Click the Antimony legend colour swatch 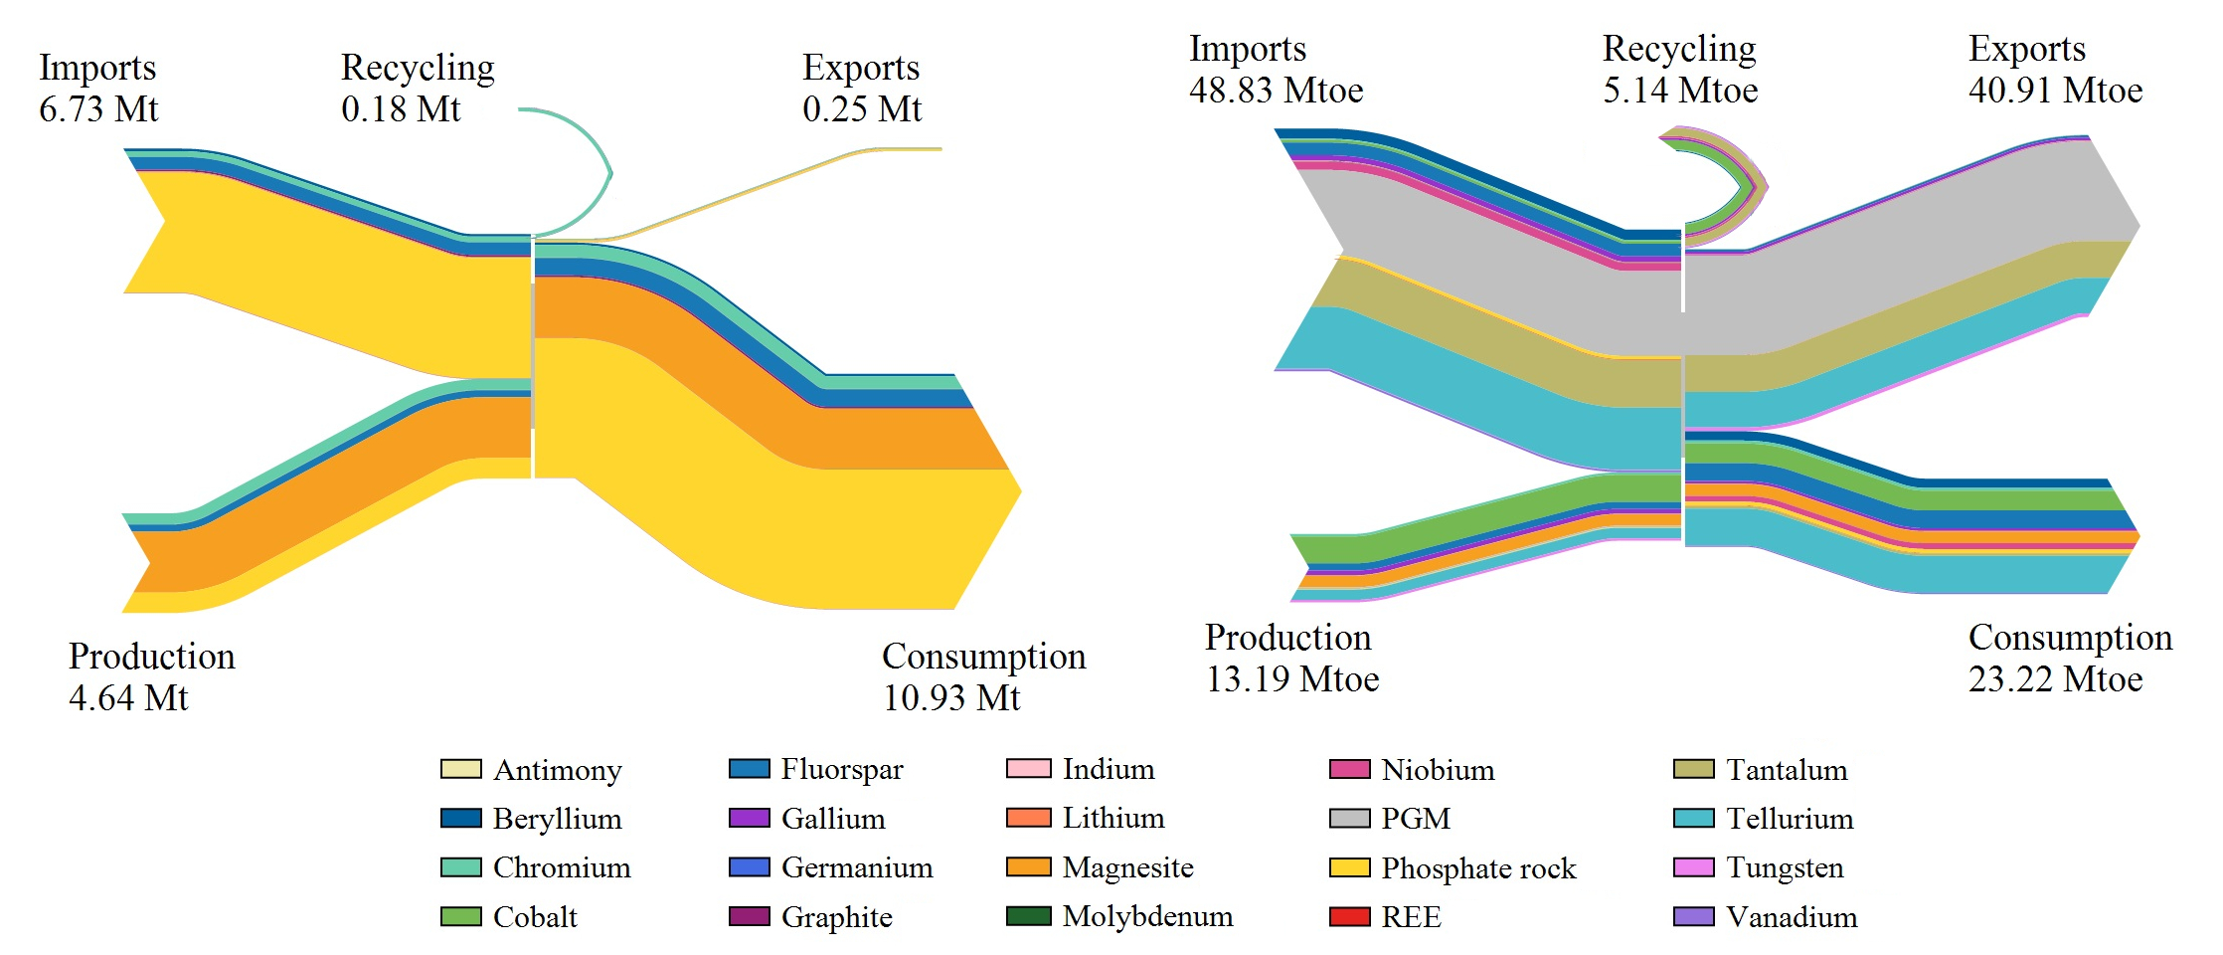[460, 769]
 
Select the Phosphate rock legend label [1478, 868]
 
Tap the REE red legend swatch [1349, 916]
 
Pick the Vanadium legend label [1792, 916]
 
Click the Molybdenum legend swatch [1028, 916]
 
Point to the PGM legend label [1416, 819]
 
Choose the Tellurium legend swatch [1694, 819]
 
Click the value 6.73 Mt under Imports [98, 108]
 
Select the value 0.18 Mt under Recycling [401, 108]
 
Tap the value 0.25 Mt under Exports [862, 108]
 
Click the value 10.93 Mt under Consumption [951, 697]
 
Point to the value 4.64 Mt [128, 697]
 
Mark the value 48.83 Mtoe [1277, 91]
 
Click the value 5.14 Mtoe [1680, 91]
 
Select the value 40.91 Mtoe [2055, 91]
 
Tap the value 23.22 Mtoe [2055, 679]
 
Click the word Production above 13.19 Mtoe [1287, 638]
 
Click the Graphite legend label [836, 916]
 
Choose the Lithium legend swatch [1028, 819]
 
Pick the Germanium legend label [857, 867]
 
